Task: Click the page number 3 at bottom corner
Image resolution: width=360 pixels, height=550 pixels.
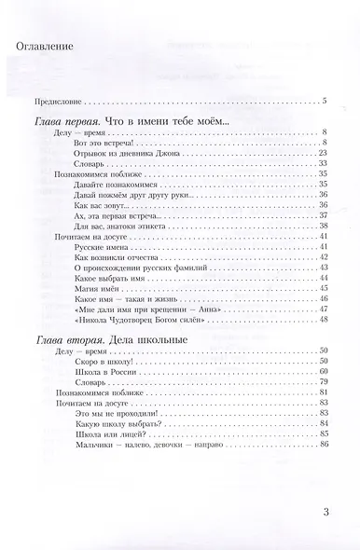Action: [x=325, y=511]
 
